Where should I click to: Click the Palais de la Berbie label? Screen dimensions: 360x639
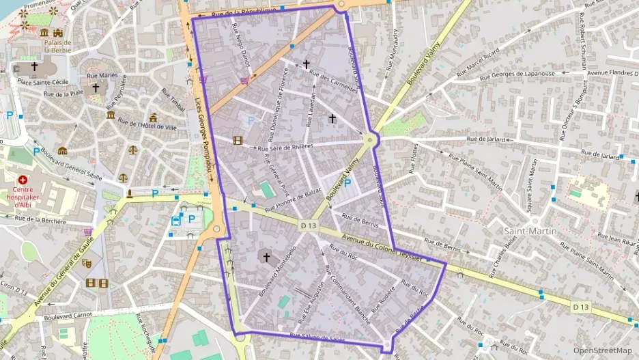point(58,46)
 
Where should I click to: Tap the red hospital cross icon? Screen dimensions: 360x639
point(23,179)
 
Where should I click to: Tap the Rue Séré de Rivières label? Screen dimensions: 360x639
point(285,146)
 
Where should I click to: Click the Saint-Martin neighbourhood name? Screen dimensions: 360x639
point(530,231)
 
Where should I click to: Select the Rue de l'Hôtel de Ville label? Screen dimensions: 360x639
point(146,125)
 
